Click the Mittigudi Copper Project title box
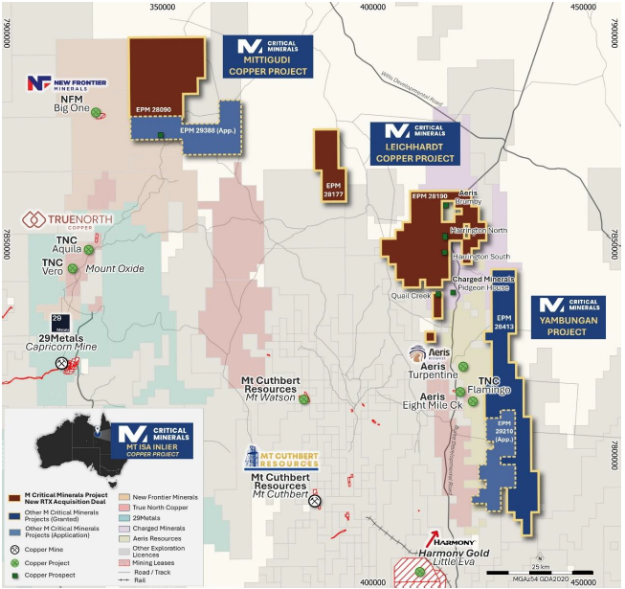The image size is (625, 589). click(268, 57)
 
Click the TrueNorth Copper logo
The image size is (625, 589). click(69, 219)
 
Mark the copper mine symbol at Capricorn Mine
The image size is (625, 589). click(62, 363)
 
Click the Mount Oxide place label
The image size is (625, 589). click(115, 269)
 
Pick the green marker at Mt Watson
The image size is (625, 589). click(304, 398)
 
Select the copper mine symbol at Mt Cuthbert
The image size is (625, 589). click(314, 501)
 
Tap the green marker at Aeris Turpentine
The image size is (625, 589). click(463, 367)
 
